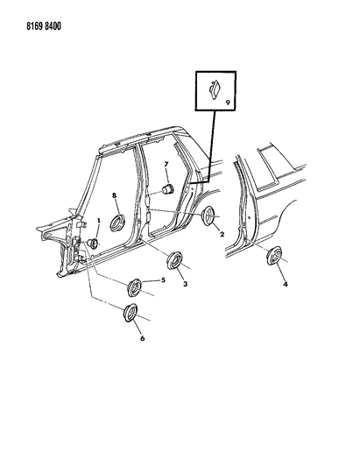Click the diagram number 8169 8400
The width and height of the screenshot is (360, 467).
44,26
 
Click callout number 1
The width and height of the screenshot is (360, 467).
99,221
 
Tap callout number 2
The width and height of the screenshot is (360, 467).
222,235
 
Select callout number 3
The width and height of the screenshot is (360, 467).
185,284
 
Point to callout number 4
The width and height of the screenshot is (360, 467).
286,285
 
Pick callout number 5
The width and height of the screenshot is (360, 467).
163,280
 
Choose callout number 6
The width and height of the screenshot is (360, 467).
142,338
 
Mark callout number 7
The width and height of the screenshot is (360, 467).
166,164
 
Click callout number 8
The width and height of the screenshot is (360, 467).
115,195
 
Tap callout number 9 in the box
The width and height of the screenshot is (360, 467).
228,103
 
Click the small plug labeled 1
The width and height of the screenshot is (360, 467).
93,244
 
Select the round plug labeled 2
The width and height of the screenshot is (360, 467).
208,216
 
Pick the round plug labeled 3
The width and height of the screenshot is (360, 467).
174,260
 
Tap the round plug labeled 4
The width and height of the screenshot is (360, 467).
274,255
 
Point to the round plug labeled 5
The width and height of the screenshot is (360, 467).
135,287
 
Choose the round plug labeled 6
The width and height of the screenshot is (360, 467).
131,313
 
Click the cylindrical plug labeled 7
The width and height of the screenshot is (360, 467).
168,189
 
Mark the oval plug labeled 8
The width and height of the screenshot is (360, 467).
117,223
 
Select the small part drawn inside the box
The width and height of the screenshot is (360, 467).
214,89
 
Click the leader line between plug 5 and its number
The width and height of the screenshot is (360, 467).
152,281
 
